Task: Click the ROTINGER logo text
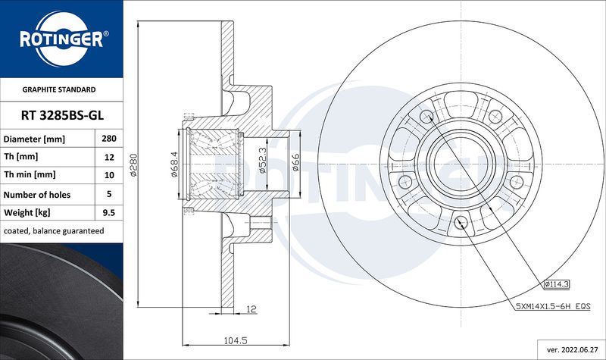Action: [62, 39]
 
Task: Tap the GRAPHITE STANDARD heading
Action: [59, 89]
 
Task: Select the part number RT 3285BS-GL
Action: [62, 115]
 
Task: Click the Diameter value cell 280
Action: [109, 139]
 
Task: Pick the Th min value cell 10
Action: [109, 175]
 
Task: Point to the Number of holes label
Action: [37, 195]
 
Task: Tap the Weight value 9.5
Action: [109, 212]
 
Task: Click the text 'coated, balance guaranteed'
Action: [54, 231]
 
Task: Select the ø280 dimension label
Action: [133, 164]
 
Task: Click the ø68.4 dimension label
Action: [174, 164]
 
